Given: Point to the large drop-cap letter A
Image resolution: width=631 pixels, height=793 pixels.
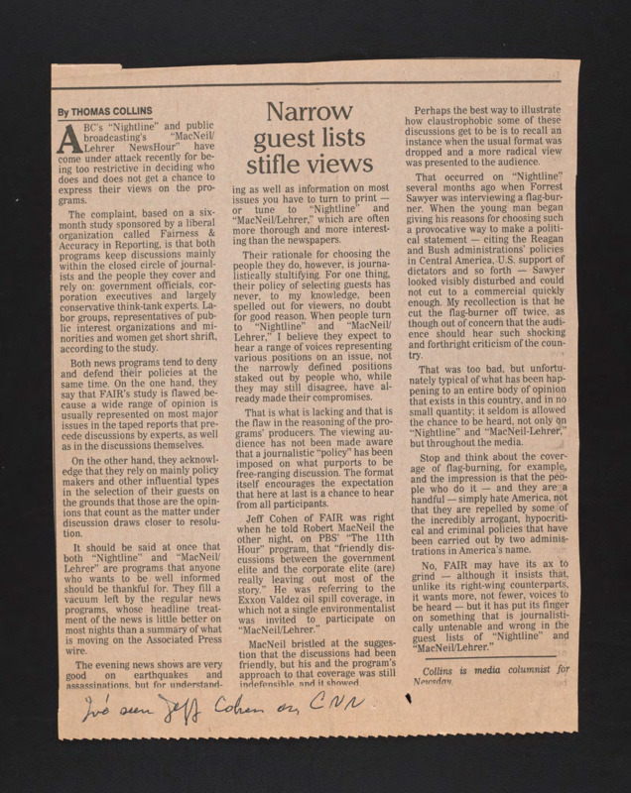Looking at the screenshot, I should pyautogui.click(x=66, y=139).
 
